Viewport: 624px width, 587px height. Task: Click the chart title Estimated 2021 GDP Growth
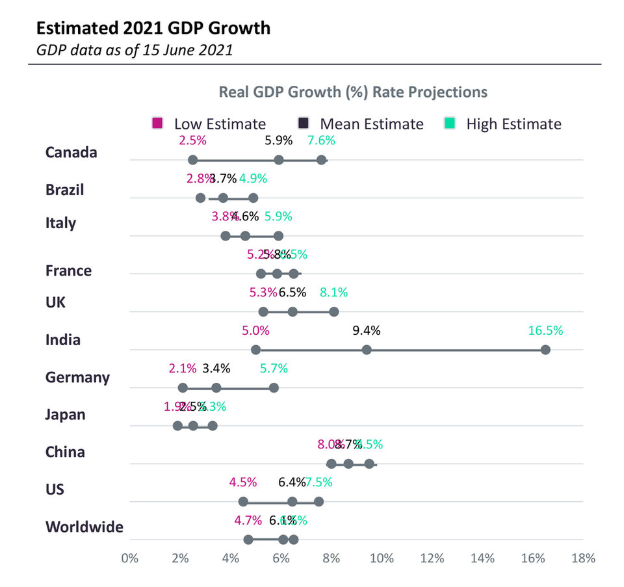point(153,28)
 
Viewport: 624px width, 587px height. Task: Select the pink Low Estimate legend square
point(157,124)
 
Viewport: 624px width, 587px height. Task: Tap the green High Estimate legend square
point(449,124)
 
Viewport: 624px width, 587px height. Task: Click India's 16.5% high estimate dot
point(545,350)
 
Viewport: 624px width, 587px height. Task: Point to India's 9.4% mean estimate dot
point(367,350)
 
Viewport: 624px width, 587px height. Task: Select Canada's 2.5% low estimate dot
point(192,160)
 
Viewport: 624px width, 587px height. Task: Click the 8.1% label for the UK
point(333,293)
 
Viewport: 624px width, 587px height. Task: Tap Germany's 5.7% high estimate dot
point(274,387)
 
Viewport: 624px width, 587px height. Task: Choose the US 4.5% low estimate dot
point(243,501)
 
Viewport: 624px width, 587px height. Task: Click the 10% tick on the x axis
point(382,558)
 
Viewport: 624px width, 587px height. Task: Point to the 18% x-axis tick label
point(583,558)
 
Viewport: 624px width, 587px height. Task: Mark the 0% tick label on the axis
point(130,558)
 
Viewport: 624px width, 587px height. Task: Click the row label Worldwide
point(84,527)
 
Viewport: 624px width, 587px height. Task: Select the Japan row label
point(65,414)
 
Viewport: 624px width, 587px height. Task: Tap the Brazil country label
point(64,190)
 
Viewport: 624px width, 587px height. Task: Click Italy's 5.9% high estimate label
point(278,216)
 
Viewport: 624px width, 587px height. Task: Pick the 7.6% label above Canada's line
point(321,140)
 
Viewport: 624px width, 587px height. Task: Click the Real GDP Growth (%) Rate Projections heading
point(353,92)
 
